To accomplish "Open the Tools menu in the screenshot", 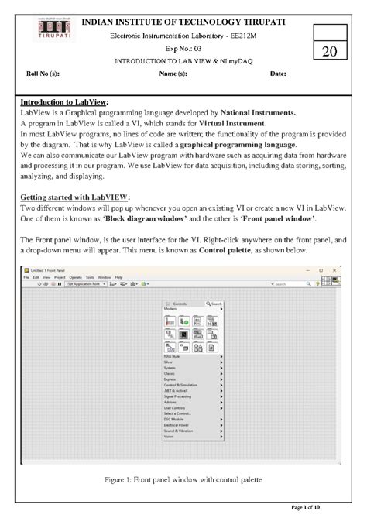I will click(90, 277).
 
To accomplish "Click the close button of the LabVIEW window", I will click(336, 269).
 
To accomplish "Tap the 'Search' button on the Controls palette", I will click(216, 304).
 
